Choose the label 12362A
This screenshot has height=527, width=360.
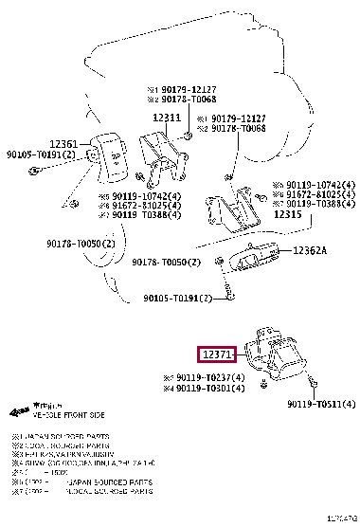[x=309, y=251]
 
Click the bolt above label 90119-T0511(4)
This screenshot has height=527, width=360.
[x=314, y=384]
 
